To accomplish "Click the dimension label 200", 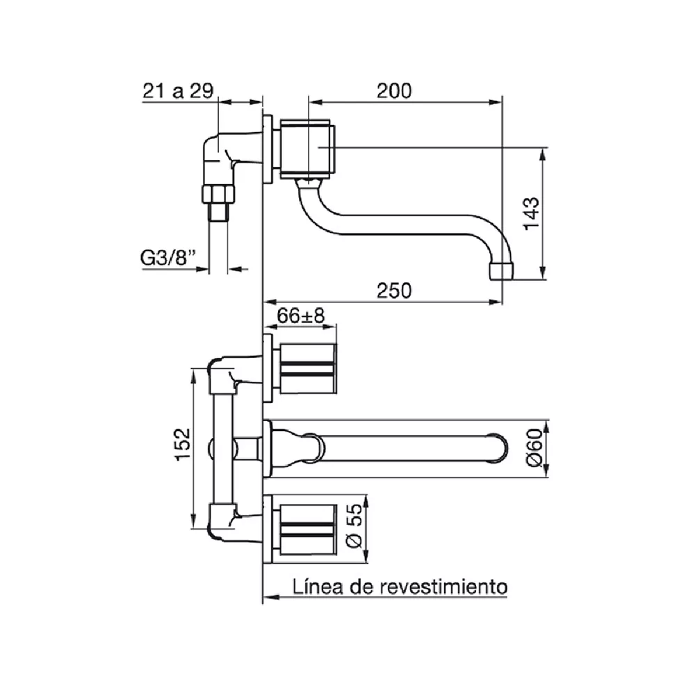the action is coord(394,91).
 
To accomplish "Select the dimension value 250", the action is coord(394,291).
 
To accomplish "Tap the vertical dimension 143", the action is coord(532,213).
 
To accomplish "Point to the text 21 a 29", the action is coord(178,91).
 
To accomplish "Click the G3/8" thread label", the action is coord(168,258).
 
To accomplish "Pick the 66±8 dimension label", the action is coord(301,316).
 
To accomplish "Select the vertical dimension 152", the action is coord(183,445).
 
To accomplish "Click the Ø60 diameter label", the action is coord(534,448).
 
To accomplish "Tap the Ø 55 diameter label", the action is coord(354,526).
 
